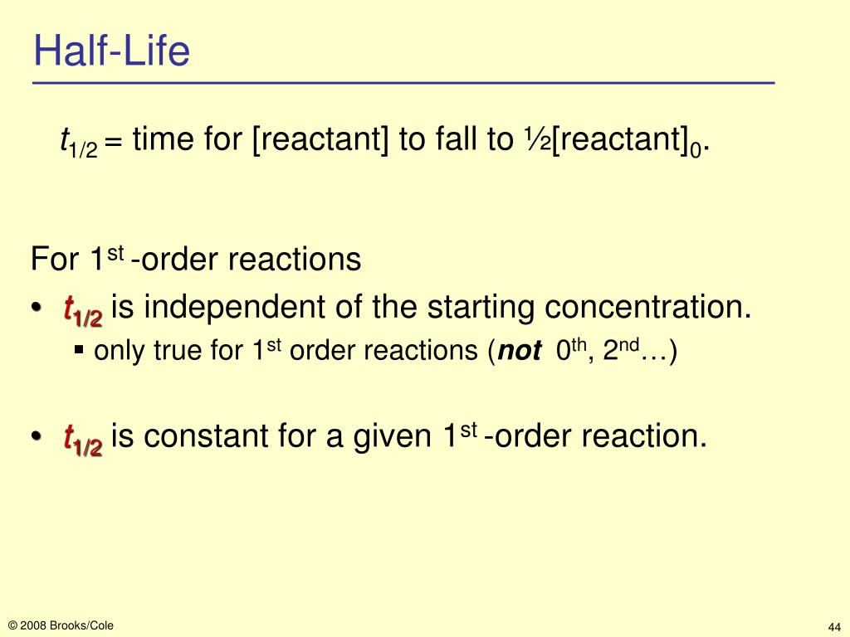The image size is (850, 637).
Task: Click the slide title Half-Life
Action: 112,52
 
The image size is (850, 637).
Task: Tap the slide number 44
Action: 834,626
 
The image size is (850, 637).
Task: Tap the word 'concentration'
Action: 647,309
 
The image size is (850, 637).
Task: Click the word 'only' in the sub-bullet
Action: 113,353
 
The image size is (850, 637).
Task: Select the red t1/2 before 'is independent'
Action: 82,312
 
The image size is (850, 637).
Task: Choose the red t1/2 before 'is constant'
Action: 82,440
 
